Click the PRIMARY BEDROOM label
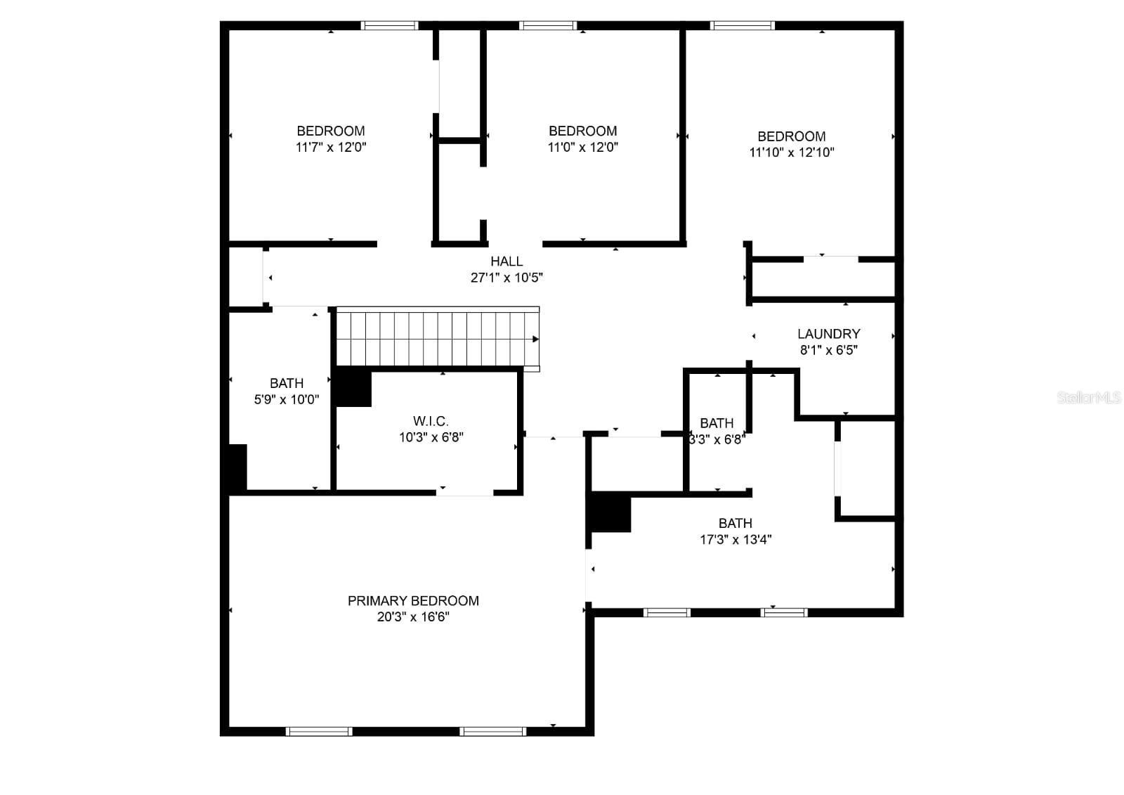coord(413,600)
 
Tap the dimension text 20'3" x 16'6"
coord(413,617)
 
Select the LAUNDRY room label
coord(828,334)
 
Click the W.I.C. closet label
coord(431,421)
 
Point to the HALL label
coord(507,261)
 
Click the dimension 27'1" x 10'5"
coord(507,278)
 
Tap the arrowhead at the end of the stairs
coord(535,340)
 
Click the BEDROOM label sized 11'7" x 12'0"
coord(331,131)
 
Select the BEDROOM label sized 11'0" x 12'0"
coord(582,131)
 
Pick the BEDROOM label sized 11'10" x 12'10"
coord(791,136)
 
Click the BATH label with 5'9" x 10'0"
coord(287,383)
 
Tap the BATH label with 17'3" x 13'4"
coord(735,523)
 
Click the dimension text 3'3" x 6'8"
coord(716,440)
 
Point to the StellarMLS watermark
coord(1088,398)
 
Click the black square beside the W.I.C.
coord(353,388)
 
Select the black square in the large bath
coord(610,513)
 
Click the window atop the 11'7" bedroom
coord(390,26)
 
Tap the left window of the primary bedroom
coord(319,732)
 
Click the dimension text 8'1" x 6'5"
coord(828,350)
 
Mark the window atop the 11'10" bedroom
coord(743,26)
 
